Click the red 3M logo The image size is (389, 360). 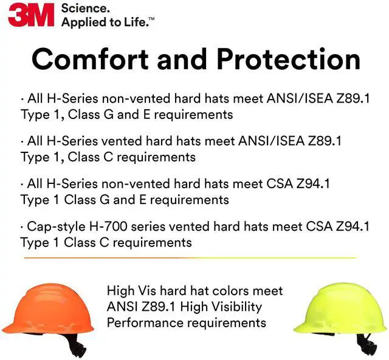pos(31,14)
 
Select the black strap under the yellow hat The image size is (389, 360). pos(363,345)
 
